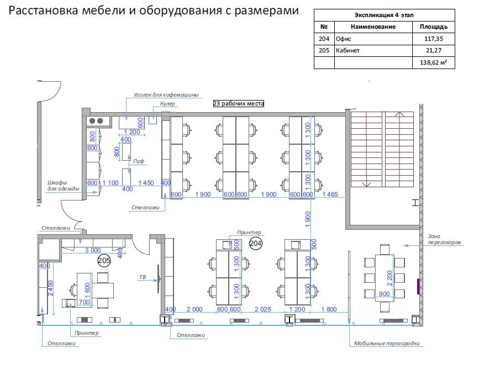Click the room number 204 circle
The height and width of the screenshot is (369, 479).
(x=255, y=243)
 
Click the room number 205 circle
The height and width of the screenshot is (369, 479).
(x=104, y=260)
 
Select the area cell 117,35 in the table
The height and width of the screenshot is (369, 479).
(x=433, y=39)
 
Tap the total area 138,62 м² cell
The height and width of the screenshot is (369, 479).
(x=433, y=63)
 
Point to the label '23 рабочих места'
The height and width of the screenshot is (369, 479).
(x=239, y=103)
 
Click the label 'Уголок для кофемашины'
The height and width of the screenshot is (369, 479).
(x=165, y=95)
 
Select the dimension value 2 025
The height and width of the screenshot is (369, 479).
(x=262, y=309)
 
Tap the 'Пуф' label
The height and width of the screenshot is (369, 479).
(x=139, y=161)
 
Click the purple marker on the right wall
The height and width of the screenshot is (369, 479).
(x=418, y=287)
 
